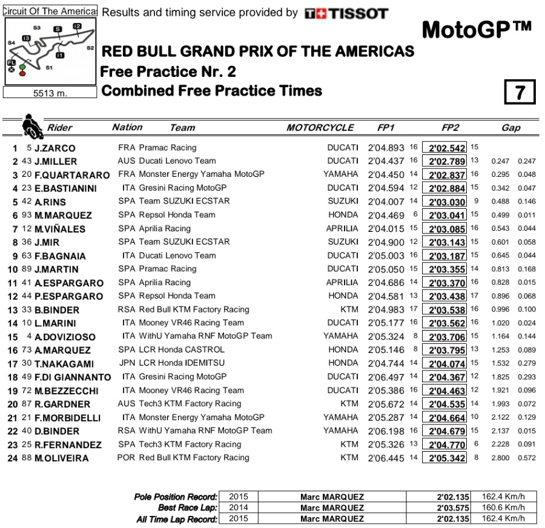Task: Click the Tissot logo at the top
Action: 346,13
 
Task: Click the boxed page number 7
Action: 519,93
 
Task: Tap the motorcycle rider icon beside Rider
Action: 30,125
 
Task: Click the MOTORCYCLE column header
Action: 320,128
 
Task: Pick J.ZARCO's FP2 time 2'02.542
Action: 447,148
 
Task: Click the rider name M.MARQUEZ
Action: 63,216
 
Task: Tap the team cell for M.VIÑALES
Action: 164,229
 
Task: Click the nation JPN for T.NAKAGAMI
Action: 127,363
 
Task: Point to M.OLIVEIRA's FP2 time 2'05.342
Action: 447,458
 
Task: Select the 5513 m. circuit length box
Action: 50,93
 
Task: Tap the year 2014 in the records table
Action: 238,508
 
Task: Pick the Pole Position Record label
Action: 175,497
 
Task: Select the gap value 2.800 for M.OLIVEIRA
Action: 500,458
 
